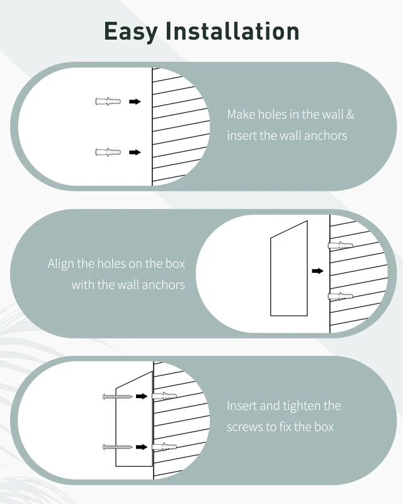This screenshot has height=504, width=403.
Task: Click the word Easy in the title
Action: point(130,32)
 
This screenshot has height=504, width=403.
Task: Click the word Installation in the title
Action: point(233,31)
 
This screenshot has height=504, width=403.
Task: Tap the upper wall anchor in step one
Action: point(108,101)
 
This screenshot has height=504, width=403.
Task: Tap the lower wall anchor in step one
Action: point(108,152)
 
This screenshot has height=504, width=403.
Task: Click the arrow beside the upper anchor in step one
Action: point(135,101)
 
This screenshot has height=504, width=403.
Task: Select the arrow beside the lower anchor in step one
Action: point(135,152)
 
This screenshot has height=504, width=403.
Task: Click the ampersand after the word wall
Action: point(350,115)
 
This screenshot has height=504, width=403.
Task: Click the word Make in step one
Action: point(241,115)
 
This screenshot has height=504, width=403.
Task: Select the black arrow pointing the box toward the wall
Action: point(317,271)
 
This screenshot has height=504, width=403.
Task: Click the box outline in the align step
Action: point(271,277)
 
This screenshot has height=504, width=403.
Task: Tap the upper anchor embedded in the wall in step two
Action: point(340,246)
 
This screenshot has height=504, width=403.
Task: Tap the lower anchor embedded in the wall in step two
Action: point(340,296)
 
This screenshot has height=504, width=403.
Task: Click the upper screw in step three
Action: point(118,397)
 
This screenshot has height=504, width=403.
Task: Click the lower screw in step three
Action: point(118,447)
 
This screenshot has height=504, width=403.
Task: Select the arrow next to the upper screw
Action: point(142,396)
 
